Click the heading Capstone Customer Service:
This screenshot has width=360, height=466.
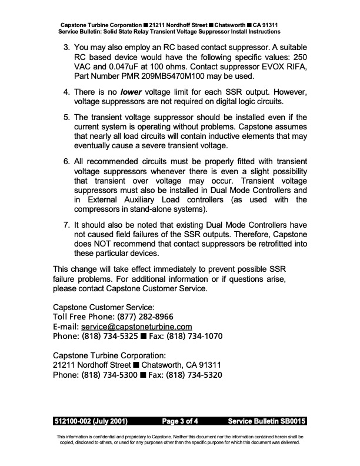[104, 307]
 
